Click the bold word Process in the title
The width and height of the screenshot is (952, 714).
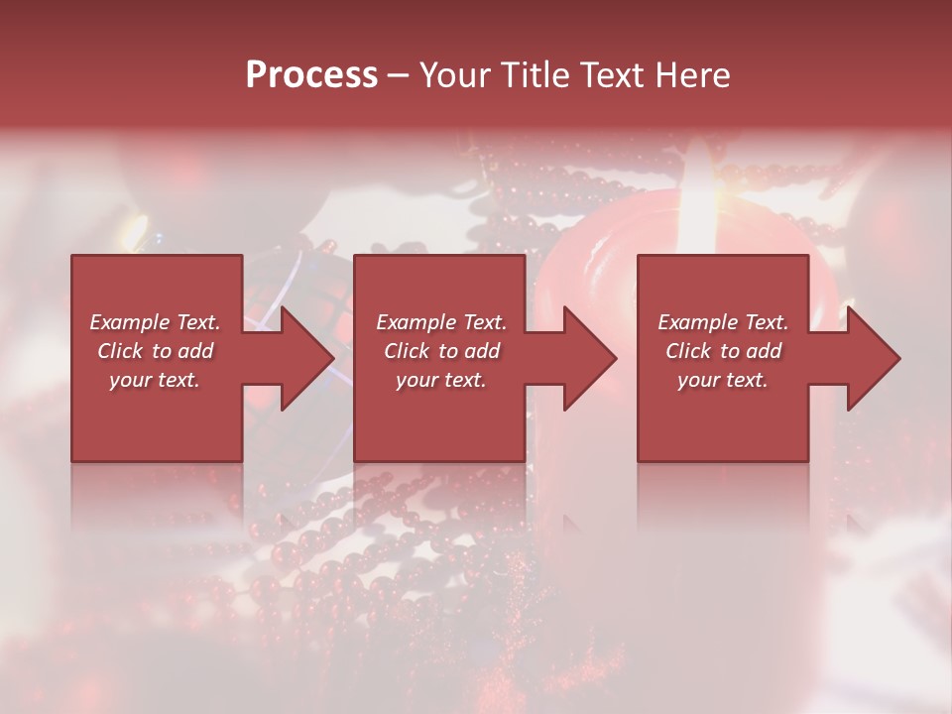pos(311,75)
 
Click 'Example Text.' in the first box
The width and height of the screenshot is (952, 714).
pos(156,322)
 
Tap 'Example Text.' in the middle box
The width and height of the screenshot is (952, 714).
pos(441,322)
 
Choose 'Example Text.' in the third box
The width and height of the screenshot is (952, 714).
pos(723,322)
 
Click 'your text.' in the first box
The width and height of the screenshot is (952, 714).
pos(155,380)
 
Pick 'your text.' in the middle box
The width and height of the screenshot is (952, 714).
pos(440,380)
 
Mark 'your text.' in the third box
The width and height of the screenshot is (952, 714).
pos(722,380)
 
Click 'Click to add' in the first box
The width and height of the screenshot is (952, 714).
pos(156,351)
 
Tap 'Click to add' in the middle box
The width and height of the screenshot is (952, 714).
pos(441,351)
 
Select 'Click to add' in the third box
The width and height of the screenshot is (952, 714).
pos(723,351)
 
